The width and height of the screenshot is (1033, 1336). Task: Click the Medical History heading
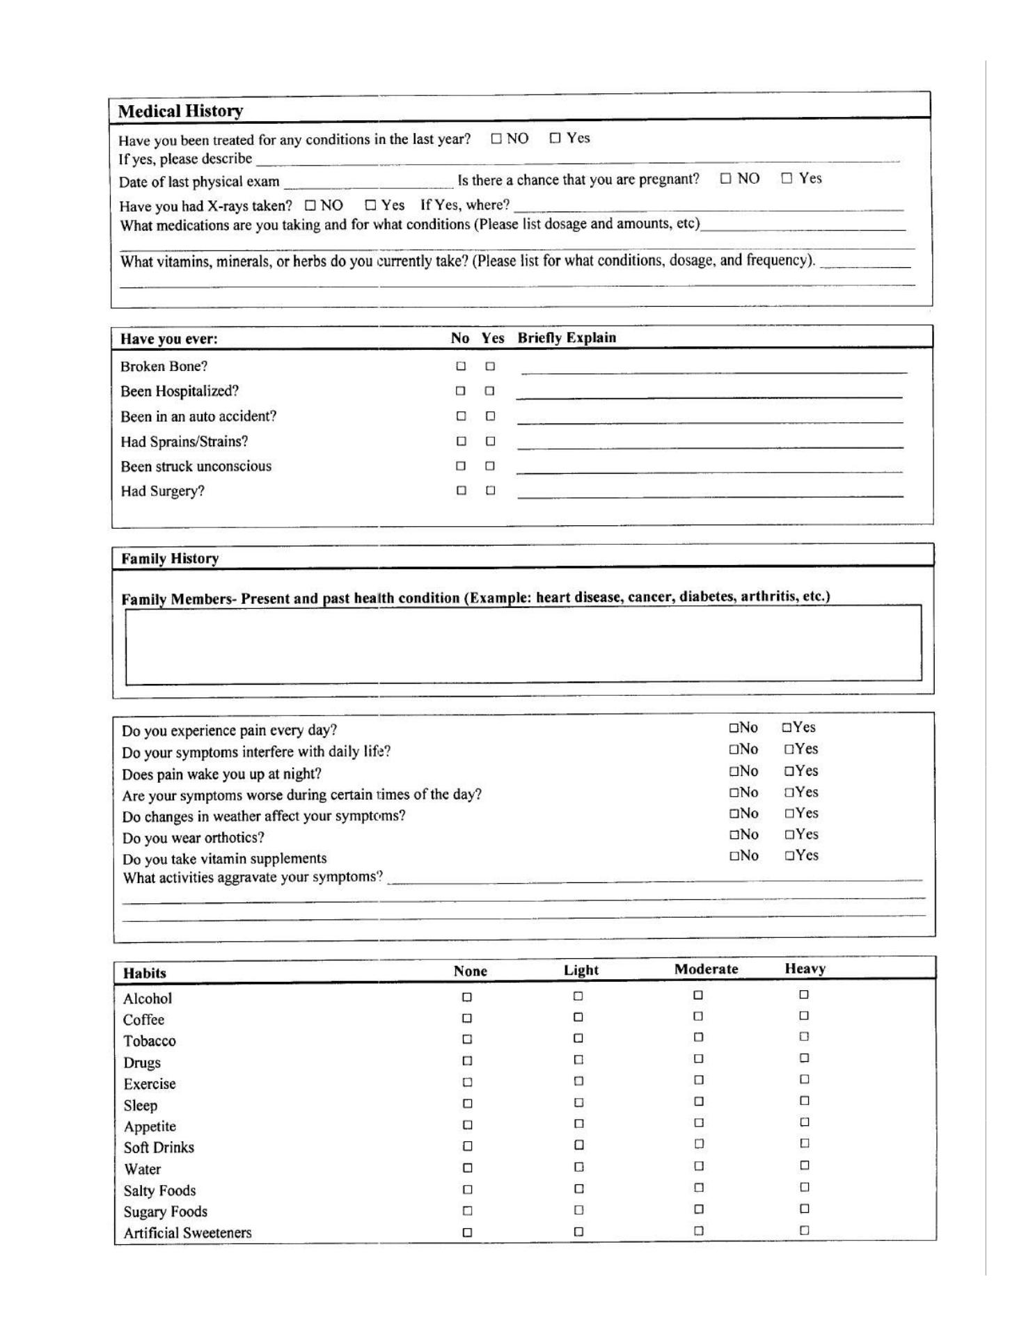[x=180, y=111]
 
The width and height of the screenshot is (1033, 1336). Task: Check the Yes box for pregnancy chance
[x=787, y=178]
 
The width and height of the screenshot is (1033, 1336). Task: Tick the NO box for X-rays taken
[x=310, y=205]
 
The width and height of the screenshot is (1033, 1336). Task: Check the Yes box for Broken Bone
[x=490, y=366]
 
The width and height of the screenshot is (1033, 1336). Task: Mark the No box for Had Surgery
[x=461, y=491]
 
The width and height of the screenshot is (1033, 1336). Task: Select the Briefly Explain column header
[x=567, y=338]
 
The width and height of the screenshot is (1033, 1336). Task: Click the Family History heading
[x=170, y=559]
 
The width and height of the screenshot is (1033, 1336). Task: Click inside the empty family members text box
[x=523, y=644]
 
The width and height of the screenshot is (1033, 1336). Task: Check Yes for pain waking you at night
[x=789, y=771]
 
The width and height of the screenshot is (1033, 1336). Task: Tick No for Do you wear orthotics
[x=734, y=834]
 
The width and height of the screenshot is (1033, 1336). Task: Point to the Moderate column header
[x=706, y=969]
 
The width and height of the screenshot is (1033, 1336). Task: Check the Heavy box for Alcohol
[x=804, y=995]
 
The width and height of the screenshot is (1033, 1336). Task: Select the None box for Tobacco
[x=467, y=1040]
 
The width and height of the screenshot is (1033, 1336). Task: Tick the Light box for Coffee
[x=578, y=1017]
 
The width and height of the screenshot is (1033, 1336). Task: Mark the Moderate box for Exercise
[x=698, y=1080]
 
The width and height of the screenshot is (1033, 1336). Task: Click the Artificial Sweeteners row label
[x=187, y=1233]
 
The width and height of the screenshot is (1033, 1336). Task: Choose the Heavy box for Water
[x=804, y=1166]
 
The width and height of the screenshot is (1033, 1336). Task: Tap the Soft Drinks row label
[x=159, y=1147]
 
